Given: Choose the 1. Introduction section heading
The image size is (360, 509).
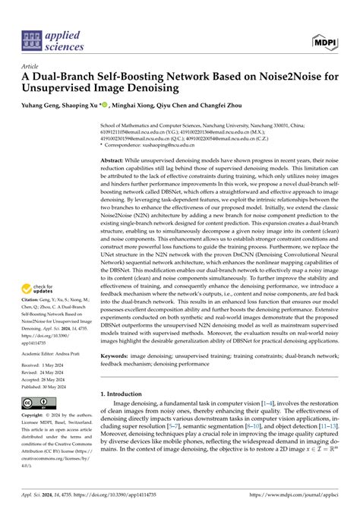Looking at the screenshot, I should pos(126,395).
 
